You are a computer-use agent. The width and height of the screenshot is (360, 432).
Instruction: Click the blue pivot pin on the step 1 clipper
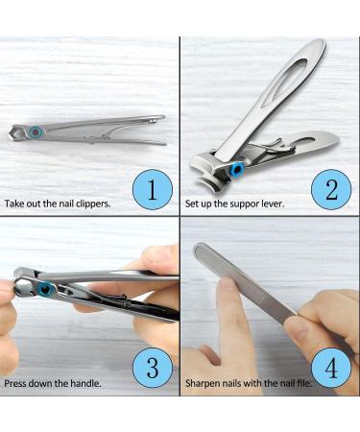pyautogui.click(x=35, y=132)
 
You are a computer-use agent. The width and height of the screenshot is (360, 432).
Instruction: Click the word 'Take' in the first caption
pyautogui.click(x=14, y=204)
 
